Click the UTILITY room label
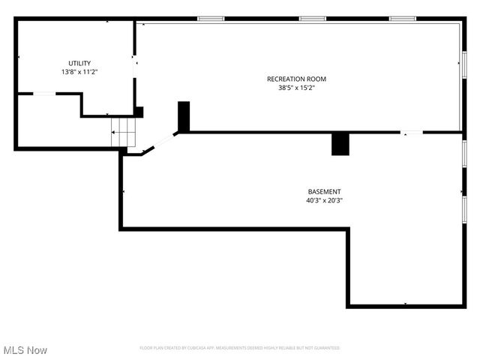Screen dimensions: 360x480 [x=79, y=63]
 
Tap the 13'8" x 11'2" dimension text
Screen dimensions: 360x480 [x=79, y=72]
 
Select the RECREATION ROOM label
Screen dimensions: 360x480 [x=296, y=79]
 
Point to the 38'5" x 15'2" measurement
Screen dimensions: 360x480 [x=296, y=88]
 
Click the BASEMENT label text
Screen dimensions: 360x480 [x=324, y=191]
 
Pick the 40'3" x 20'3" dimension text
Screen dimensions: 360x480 [x=324, y=200]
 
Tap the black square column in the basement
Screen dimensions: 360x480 [x=340, y=144]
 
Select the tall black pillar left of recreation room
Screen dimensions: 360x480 [x=184, y=116]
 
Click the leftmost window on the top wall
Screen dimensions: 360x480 [x=211, y=19]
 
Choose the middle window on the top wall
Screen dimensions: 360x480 [x=312, y=19]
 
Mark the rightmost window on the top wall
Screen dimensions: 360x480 [x=402, y=19]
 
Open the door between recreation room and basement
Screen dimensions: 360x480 [x=412, y=133]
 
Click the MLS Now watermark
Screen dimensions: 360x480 [x=25, y=350]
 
